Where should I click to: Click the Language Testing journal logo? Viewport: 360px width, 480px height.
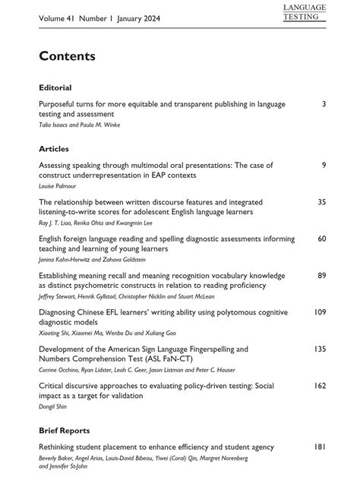(x=304, y=12)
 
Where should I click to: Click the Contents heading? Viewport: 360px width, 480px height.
(x=67, y=56)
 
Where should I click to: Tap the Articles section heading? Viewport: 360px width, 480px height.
(x=53, y=149)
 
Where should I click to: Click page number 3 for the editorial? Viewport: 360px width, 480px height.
(x=324, y=103)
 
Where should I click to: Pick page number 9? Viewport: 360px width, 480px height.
(x=324, y=165)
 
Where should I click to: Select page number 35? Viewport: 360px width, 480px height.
(x=321, y=202)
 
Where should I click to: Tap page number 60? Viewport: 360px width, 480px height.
(x=321, y=238)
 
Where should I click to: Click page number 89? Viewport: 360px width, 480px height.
(x=321, y=276)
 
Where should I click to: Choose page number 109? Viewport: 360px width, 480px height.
(x=320, y=312)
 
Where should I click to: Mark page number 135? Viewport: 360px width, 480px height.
(x=320, y=349)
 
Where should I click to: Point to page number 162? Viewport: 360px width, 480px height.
(x=320, y=386)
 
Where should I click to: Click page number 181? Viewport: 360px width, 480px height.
(x=320, y=447)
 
